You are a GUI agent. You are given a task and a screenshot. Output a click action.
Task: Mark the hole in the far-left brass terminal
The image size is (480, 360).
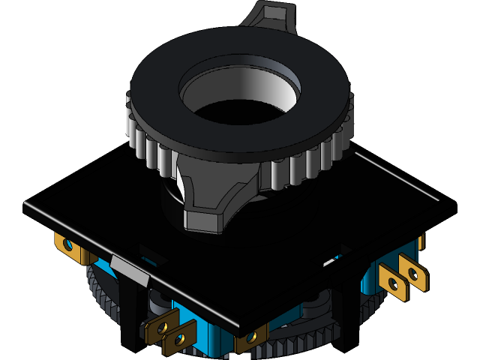pyautogui.click(x=67, y=245)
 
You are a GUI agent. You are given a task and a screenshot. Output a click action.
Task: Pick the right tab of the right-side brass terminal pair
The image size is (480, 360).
pyautogui.click(x=413, y=274)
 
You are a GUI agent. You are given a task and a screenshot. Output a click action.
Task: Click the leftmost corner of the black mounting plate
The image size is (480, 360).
pyautogui.click(x=24, y=206)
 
